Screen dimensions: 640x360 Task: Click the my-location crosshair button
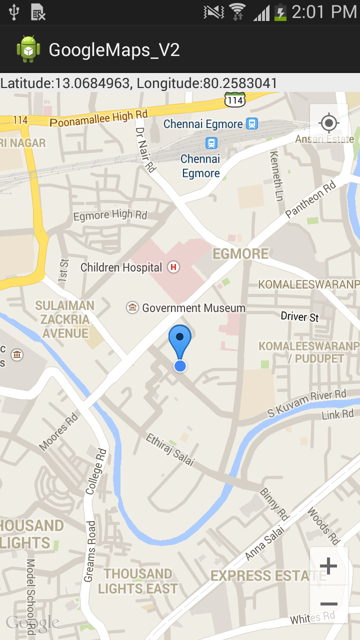tap(328, 123)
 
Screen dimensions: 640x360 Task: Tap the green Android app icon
tap(28, 49)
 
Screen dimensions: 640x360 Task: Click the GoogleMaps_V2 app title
tap(114, 50)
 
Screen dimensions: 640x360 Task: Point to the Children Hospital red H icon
tap(173, 267)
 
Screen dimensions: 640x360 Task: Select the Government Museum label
tap(193, 308)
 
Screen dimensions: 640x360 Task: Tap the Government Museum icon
tap(132, 307)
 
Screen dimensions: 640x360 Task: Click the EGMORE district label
tap(240, 254)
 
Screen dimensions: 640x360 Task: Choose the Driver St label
tap(299, 316)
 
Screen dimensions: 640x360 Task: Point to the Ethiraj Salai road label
tap(169, 449)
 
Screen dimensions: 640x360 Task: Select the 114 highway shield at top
tap(234, 100)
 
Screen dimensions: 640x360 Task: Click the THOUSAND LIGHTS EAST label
tap(137, 581)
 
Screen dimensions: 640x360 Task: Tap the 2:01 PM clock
tap(323, 12)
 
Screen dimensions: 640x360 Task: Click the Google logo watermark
tap(32, 622)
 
